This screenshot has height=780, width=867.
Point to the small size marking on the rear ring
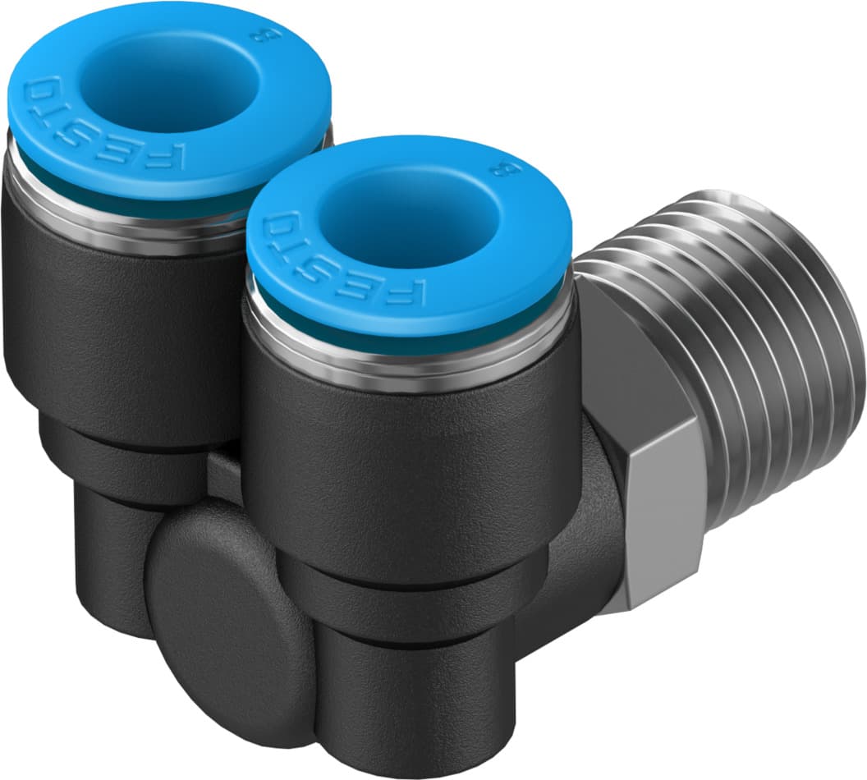(273, 34)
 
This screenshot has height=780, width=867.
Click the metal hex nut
(649, 460)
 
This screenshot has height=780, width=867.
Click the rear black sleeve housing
(107, 328)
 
